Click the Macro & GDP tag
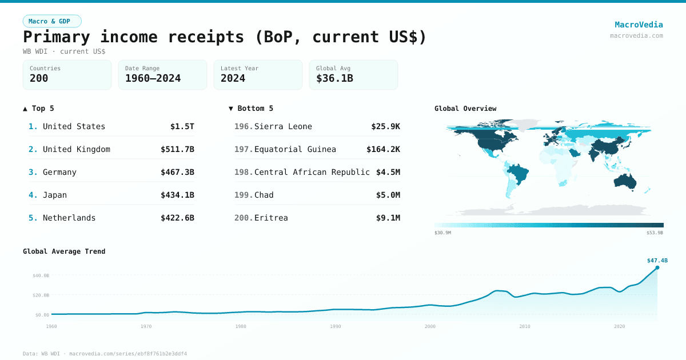point(52,21)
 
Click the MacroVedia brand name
point(639,25)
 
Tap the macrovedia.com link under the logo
point(636,35)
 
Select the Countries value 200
point(39,78)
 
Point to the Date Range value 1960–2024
point(153,78)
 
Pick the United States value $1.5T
point(182,126)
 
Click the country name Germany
point(59,172)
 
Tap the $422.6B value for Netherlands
point(177,218)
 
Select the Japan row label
point(55,195)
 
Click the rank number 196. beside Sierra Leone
point(244,126)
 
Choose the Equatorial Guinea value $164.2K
point(383,149)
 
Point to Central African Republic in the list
point(312,172)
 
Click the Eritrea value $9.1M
point(388,218)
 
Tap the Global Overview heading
point(465,109)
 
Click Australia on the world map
point(626,181)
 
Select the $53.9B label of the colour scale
point(655,233)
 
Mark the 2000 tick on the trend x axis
point(430,326)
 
